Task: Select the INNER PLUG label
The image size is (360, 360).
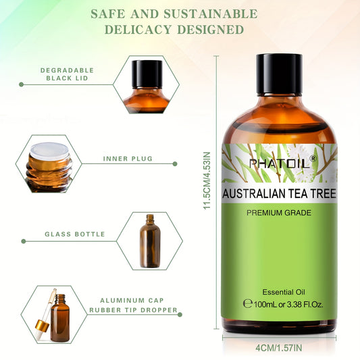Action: [x=128, y=159]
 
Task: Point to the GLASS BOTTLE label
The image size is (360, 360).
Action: [x=75, y=234]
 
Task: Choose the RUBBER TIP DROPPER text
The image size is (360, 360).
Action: [x=133, y=311]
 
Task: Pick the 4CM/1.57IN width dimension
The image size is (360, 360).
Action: [x=280, y=349]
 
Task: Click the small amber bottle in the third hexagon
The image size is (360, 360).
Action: [x=149, y=240]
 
